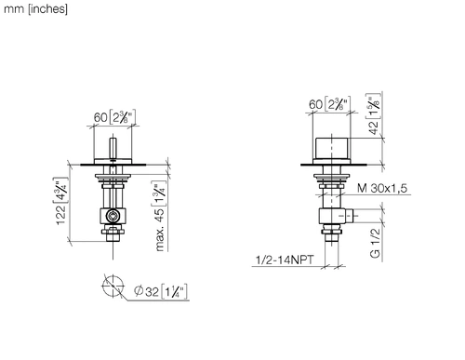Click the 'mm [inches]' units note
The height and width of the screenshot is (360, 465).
coord(35,9)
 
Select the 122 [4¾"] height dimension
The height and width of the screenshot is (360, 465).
coord(60,201)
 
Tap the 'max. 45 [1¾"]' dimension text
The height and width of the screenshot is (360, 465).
coord(160,216)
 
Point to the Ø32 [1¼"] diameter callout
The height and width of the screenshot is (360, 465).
coord(161,291)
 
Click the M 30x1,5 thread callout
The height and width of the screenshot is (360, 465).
coord(382,188)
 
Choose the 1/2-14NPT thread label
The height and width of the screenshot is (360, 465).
coord(285,260)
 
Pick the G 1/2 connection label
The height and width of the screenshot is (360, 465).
coord(375,243)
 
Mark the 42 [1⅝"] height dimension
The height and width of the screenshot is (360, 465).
coord(373,113)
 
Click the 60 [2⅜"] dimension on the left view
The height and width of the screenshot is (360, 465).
coord(114,117)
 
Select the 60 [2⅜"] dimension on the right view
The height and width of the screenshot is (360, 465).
coord(329,103)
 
